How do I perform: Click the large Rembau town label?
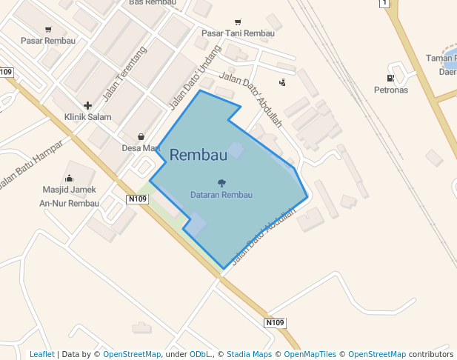coord(198,155)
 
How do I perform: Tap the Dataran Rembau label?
coord(221,195)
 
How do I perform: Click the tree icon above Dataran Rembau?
coord(221,183)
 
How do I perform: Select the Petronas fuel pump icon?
coord(390,79)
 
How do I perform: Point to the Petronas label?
coord(390,90)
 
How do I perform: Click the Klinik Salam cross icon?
coord(87,106)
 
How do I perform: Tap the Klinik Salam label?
coord(87,117)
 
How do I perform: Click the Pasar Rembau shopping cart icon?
coord(48,30)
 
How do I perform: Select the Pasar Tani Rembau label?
coord(238,33)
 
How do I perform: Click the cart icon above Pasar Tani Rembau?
coord(238,21)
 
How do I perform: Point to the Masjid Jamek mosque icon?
coord(70,178)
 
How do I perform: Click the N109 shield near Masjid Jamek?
coord(137,199)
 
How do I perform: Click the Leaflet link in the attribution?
coord(41,354)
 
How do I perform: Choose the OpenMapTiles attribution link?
coord(310,354)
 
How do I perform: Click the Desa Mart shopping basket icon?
coord(141,136)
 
